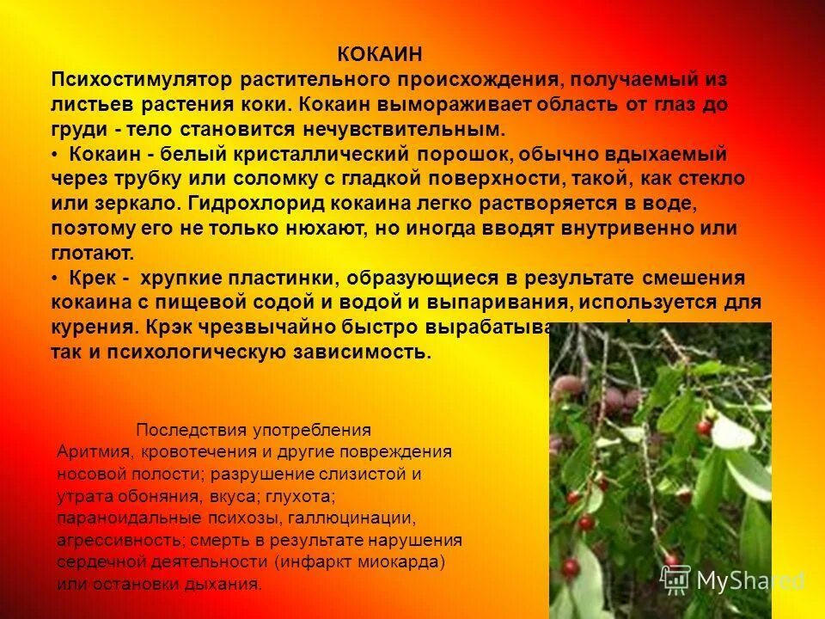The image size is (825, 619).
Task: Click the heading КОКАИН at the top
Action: click(379, 55)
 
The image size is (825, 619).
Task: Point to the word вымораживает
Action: click(461, 105)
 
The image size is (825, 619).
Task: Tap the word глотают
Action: click(92, 254)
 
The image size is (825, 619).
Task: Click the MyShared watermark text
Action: click(749, 580)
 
